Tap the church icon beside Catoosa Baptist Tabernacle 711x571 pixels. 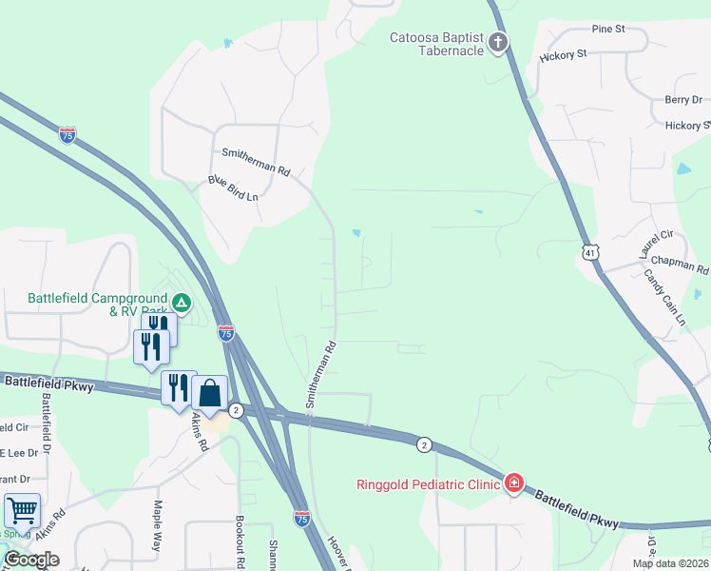(x=497, y=41)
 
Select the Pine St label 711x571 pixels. (x=607, y=30)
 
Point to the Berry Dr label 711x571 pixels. (x=682, y=100)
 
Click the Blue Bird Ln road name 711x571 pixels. (x=233, y=188)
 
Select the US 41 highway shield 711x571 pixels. (x=590, y=251)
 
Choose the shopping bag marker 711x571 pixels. (x=209, y=393)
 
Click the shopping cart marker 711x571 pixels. (x=22, y=510)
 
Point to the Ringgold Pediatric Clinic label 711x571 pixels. (x=428, y=484)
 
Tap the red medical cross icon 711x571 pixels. (x=514, y=483)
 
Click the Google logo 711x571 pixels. (x=31, y=560)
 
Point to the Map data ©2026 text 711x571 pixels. (x=670, y=563)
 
